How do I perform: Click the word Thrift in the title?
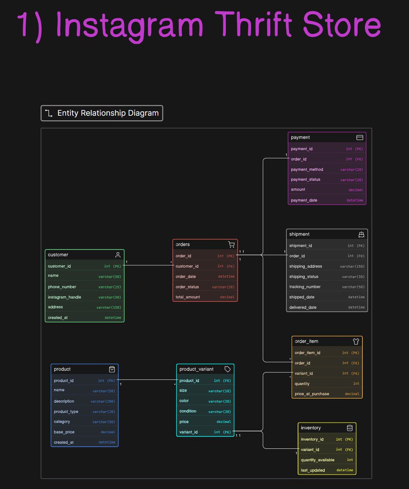pyautogui.click(x=253, y=24)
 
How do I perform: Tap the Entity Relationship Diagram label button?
pyautogui.click(x=102, y=113)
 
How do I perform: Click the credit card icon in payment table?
pyautogui.click(x=360, y=137)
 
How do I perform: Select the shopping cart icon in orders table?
pyautogui.click(x=231, y=244)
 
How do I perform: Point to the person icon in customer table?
pyautogui.click(x=118, y=255)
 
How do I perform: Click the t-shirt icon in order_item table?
pyautogui.click(x=356, y=341)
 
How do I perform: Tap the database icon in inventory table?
pyautogui.click(x=350, y=428)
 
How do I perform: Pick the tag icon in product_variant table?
pyautogui.click(x=227, y=369)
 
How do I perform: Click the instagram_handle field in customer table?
pyautogui.click(x=64, y=297)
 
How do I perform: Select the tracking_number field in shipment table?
pyautogui.click(x=305, y=287)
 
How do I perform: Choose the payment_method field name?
pyautogui.click(x=307, y=170)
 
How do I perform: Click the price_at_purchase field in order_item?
pyautogui.click(x=312, y=394)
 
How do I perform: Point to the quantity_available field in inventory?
pyautogui.click(x=317, y=460)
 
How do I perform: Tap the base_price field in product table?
pyautogui.click(x=64, y=432)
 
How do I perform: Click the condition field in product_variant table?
pyautogui.click(x=188, y=411)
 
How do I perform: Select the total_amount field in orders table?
pyautogui.click(x=188, y=297)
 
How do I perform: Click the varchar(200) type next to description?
pyautogui.click(x=103, y=401)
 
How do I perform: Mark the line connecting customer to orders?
pyautogui.click(x=148, y=265)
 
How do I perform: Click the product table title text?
pyautogui.click(x=62, y=369)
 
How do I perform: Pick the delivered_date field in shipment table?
pyautogui.click(x=303, y=308)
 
